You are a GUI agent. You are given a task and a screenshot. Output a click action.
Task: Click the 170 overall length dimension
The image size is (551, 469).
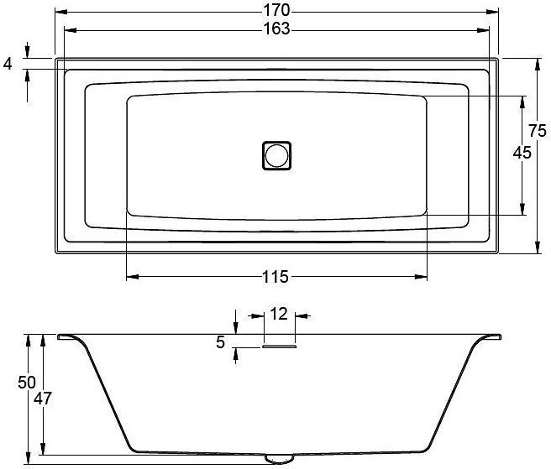click(x=276, y=11)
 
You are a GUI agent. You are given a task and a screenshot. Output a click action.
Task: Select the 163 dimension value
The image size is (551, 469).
click(x=276, y=29)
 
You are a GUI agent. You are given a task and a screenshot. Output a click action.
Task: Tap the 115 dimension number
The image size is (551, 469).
click(x=275, y=277)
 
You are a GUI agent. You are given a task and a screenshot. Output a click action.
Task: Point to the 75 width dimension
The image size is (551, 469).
click(x=538, y=131)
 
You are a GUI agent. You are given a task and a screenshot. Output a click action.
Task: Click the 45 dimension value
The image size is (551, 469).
click(x=522, y=153)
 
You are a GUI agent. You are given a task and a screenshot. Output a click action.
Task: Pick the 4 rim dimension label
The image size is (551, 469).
click(x=8, y=65)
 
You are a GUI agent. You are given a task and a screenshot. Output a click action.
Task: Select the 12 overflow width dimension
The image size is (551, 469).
click(x=279, y=314)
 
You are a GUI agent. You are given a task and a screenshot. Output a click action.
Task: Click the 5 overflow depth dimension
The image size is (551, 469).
click(x=220, y=342)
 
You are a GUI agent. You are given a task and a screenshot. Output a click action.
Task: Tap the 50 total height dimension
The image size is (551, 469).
click(x=27, y=383)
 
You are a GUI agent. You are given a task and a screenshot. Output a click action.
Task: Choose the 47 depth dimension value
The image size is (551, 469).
click(x=43, y=399)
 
